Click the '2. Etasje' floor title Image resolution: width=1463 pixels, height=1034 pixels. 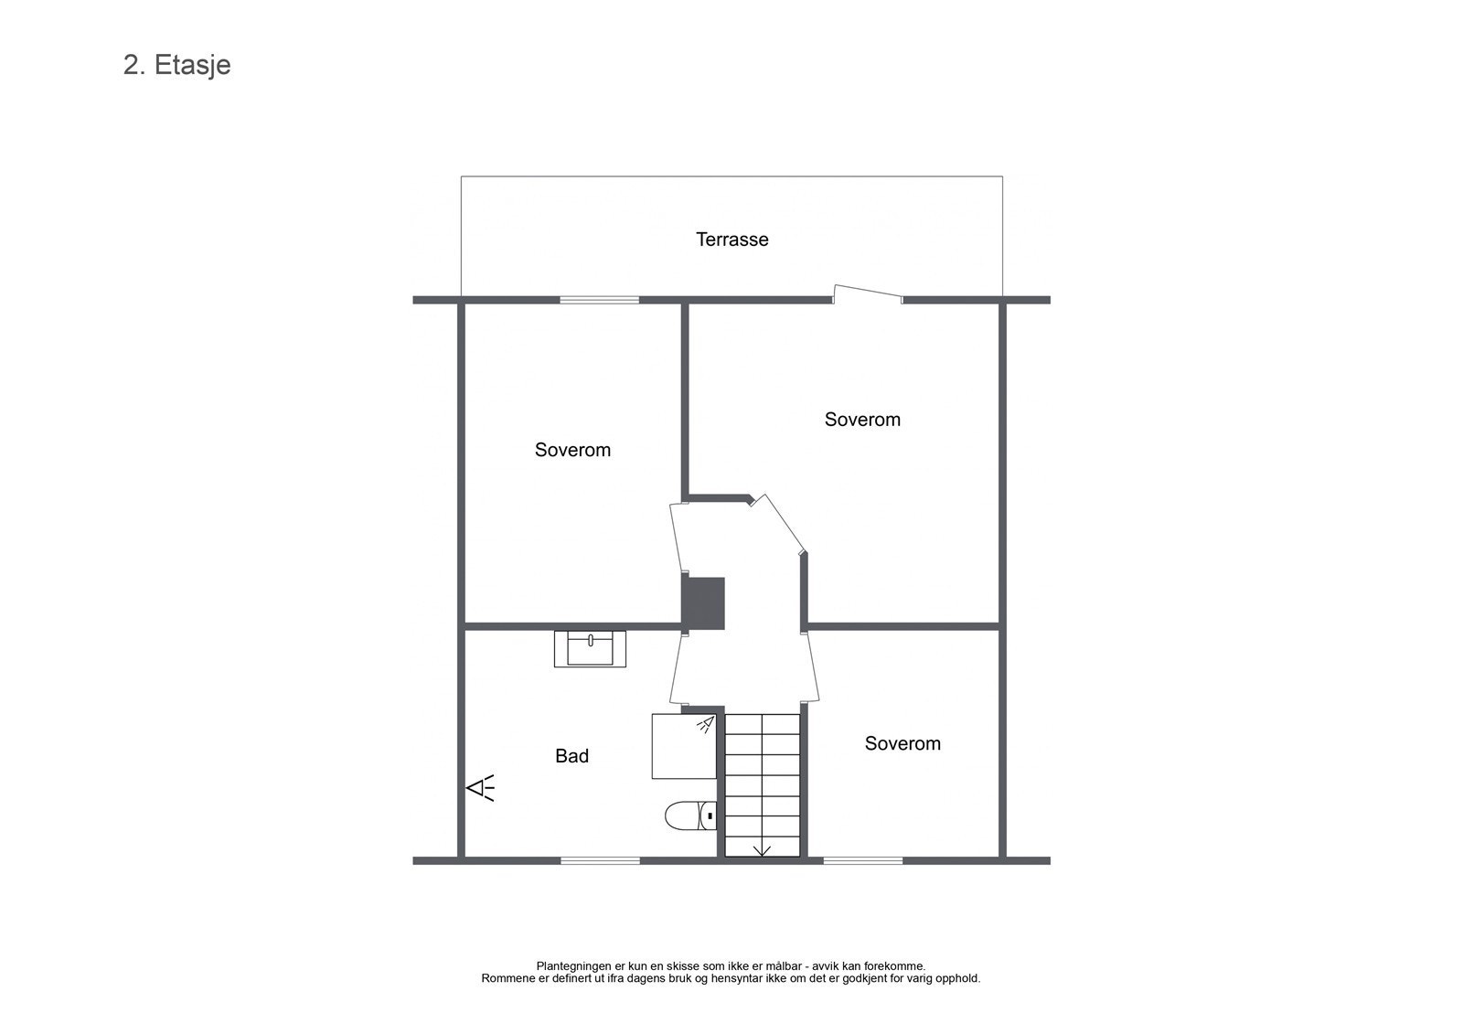pos(176,65)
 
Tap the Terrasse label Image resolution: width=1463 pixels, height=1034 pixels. pos(731,240)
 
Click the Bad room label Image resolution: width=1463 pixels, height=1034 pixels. pos(571,756)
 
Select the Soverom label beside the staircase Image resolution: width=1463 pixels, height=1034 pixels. pos(902,743)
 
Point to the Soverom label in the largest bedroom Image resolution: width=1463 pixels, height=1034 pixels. pos(861,420)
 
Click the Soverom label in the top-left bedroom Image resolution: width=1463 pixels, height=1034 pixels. pos(572,450)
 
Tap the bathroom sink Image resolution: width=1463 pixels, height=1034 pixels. pos(590,649)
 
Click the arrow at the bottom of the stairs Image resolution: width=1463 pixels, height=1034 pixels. pos(762,850)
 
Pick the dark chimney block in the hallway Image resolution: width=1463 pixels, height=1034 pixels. pos(705,602)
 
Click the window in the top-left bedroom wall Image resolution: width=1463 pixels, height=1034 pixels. pos(599,300)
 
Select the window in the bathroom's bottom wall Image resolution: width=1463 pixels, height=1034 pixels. pos(599,860)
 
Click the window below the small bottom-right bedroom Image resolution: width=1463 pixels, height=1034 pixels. pos(862,860)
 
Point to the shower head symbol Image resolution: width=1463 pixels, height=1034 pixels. pos(705,725)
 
